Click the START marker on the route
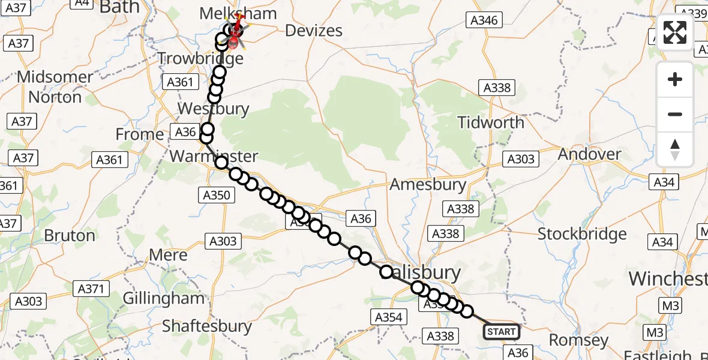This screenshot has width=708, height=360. (501, 331)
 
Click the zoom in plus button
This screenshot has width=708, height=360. (675, 79)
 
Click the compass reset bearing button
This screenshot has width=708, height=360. (675, 149)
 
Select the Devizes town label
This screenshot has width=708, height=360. (314, 31)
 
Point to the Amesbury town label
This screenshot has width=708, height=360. (428, 184)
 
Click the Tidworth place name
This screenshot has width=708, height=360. (491, 122)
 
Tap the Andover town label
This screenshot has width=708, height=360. (590, 154)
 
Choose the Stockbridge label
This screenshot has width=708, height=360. (582, 233)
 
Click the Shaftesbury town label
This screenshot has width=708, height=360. (207, 326)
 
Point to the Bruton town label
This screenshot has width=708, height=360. (70, 235)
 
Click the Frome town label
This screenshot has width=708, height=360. (140, 134)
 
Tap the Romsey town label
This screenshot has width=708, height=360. (578, 340)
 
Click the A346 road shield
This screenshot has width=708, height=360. (484, 20)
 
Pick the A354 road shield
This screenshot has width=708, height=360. (388, 317)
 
